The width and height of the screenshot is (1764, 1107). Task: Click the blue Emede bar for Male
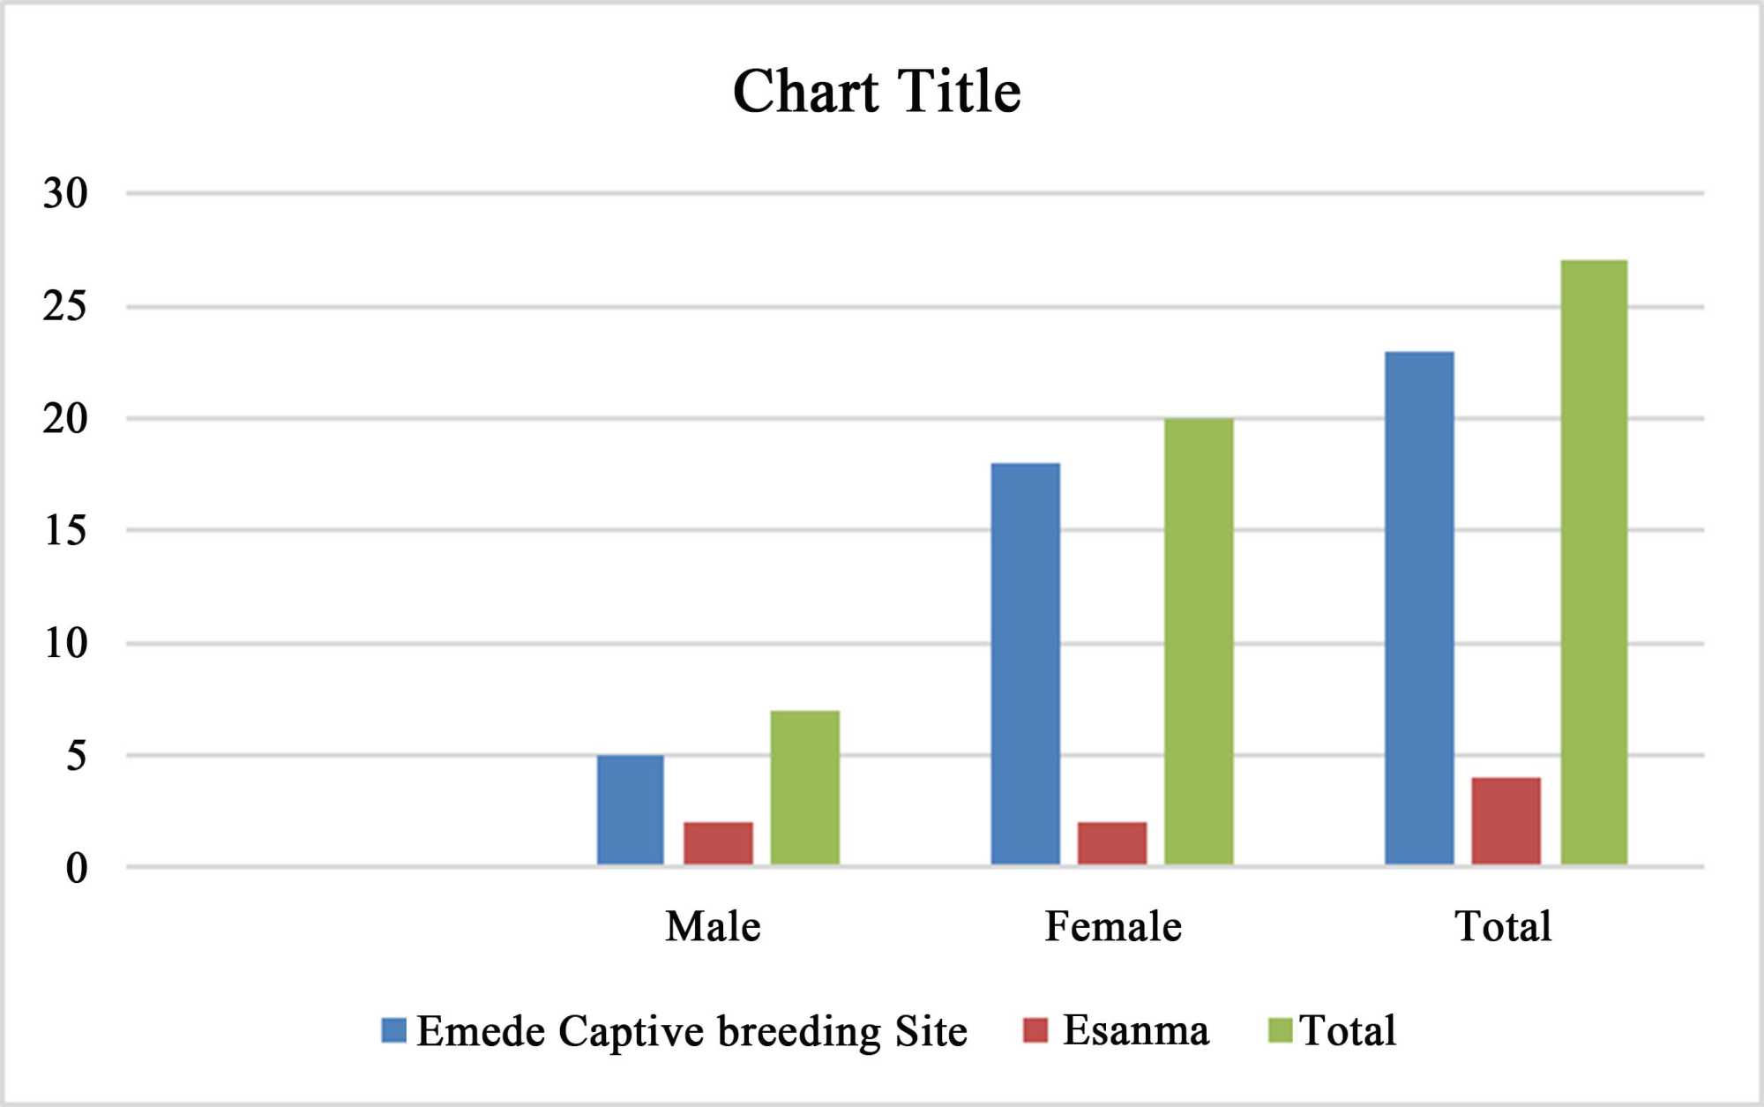tap(630, 809)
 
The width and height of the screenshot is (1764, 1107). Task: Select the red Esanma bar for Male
tap(718, 843)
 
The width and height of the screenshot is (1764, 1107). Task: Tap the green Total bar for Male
tap(804, 787)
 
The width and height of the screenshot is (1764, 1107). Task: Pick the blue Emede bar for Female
tap(1025, 663)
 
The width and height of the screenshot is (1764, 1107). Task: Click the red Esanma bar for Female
tap(1112, 843)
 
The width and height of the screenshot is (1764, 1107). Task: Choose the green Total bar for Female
tap(1199, 641)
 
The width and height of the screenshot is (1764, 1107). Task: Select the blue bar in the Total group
tap(1419, 608)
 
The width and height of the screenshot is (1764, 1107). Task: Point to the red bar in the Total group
tap(1506, 820)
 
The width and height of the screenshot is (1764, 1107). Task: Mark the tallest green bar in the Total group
tap(1594, 562)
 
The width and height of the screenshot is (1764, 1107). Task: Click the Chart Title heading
tap(877, 92)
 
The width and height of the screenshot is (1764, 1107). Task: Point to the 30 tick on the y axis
tap(66, 193)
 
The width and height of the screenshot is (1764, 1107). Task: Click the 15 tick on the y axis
tap(66, 530)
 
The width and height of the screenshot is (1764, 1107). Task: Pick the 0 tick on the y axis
tap(77, 869)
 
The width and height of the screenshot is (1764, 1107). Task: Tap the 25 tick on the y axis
tap(66, 306)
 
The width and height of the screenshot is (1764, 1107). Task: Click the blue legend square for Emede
tap(393, 1030)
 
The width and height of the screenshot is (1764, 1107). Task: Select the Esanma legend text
tap(1135, 1030)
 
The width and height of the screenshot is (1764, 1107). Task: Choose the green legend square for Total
tap(1280, 1030)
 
